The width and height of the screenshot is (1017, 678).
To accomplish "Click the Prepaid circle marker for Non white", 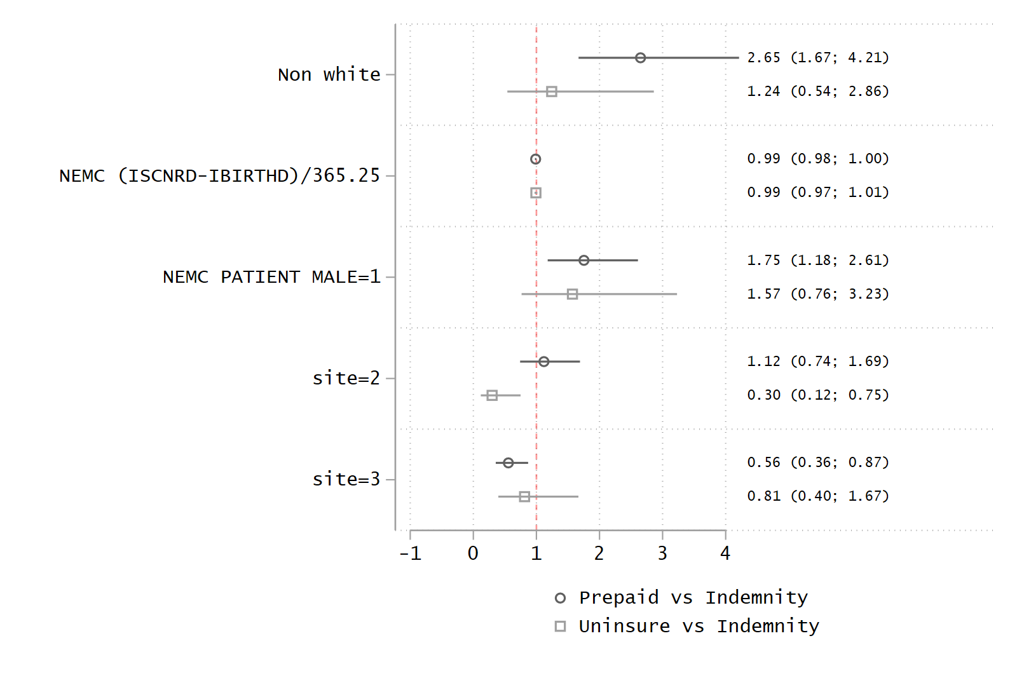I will point(640,58).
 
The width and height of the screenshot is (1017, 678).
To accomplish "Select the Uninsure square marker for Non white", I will point(552,92).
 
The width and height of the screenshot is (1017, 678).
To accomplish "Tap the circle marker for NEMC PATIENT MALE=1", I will point(584,261).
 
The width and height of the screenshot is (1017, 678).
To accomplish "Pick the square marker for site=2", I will point(492,395).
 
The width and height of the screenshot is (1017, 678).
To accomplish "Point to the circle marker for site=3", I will point(508,463).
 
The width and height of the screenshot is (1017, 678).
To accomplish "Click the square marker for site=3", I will point(524,496).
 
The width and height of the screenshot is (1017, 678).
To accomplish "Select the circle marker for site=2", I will point(543,362).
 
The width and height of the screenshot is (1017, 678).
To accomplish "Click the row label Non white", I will point(329,75).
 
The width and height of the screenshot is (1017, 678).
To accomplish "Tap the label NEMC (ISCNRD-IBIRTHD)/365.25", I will point(219,176).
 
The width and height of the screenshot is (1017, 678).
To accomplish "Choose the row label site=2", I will point(346,379).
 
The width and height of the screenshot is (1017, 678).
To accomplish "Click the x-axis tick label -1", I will point(410,553).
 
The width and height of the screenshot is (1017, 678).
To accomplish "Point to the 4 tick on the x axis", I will point(725,553).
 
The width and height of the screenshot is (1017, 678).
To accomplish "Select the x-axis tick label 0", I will point(473,553).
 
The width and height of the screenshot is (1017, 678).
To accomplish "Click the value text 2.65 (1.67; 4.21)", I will point(817,58).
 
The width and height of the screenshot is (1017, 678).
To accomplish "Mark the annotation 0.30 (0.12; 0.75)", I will point(817,395).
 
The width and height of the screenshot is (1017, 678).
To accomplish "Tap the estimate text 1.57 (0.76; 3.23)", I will point(817,294).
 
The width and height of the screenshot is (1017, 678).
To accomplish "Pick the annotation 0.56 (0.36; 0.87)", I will point(817,463).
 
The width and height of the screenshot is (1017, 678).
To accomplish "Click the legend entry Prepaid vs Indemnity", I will point(693,598).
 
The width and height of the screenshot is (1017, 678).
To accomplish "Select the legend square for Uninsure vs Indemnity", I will point(560,627).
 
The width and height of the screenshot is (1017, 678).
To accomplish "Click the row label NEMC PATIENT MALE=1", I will point(271,278).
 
